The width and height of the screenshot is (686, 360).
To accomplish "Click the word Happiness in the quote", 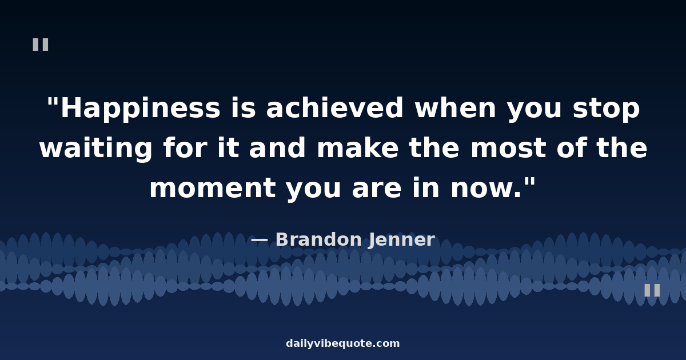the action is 141,108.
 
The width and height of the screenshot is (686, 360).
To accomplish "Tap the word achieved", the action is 335,107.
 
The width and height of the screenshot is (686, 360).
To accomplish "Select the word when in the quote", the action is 456,107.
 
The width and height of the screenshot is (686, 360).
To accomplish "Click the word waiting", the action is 96,148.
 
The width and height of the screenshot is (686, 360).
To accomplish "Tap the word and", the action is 277,147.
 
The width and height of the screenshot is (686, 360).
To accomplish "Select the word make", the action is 358,147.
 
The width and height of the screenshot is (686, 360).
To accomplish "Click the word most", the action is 508,148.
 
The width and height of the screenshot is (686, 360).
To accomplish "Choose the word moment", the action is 213,188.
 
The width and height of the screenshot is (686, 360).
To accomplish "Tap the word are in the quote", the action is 376,190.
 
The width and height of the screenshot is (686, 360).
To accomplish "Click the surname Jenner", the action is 402,239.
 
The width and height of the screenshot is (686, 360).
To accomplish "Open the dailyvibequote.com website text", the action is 343,343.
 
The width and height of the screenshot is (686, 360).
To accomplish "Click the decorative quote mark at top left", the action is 41,45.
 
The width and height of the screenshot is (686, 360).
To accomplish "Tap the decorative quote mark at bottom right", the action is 652,290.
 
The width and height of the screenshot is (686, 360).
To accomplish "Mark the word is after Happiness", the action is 244,107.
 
